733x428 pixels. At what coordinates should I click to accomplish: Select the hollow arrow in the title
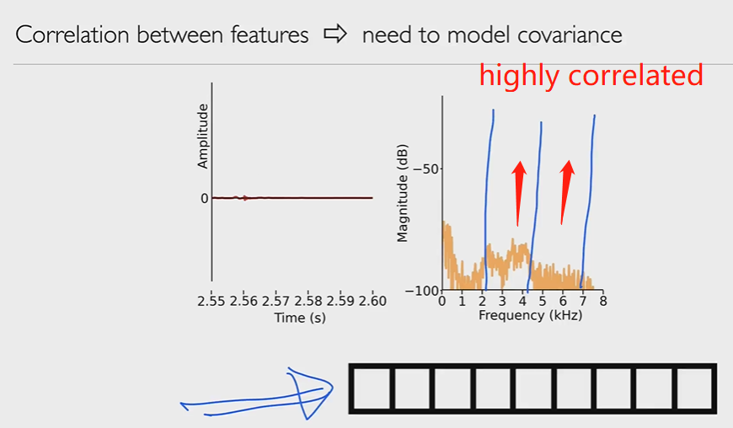point(335,34)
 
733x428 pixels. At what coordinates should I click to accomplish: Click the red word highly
point(519,76)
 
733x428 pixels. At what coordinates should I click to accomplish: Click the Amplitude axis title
point(202,136)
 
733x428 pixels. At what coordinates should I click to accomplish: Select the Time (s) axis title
point(300,318)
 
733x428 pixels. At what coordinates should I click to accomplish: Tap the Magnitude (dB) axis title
point(402,193)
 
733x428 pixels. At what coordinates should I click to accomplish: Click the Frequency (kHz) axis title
point(530,315)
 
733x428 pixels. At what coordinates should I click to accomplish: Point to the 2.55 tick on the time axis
point(211,302)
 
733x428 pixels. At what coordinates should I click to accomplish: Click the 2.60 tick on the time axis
point(372,302)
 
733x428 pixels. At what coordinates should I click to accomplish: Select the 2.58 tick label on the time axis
point(308,302)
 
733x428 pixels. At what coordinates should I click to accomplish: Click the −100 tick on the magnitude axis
point(422,291)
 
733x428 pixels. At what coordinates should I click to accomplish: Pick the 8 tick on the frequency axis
point(603,302)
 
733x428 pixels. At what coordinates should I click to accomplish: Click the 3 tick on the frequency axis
point(502,302)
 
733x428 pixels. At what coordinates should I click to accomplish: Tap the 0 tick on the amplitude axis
point(204,199)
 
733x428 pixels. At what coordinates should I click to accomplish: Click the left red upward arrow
point(518,194)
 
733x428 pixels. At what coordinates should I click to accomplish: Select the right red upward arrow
point(567,192)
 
